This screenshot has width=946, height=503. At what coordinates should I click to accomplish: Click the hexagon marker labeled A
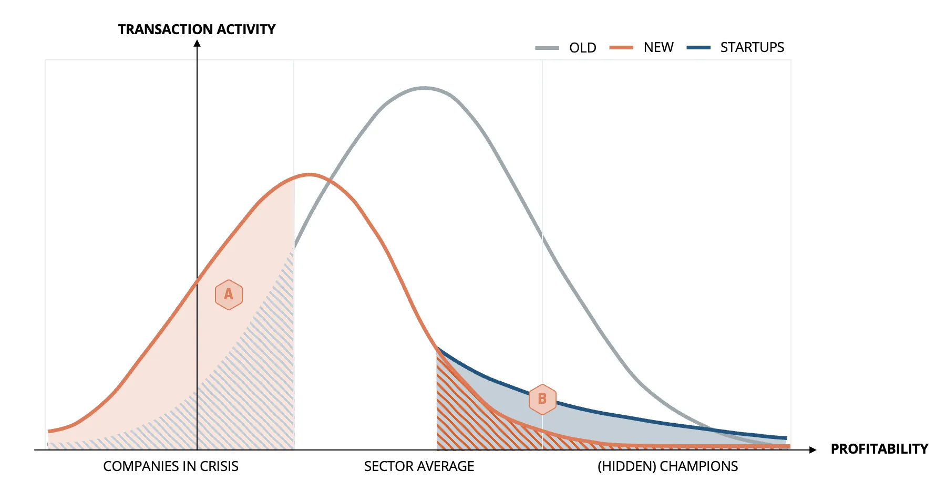coord(229,295)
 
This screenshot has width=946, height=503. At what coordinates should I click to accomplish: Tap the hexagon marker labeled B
coord(542,399)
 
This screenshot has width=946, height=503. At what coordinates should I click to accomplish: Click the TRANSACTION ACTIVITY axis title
coord(197,29)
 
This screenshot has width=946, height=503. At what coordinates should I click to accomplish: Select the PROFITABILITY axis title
coord(879,449)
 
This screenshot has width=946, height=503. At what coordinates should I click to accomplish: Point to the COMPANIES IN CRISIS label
coord(171,466)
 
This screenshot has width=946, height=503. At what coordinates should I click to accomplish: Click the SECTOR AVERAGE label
coord(419,466)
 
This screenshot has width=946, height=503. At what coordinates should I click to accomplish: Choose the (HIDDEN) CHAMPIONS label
coord(667,466)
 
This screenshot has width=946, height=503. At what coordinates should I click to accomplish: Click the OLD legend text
coord(582,48)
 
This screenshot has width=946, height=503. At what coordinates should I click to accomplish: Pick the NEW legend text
coord(659,48)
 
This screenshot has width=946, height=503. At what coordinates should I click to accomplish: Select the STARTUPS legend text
coord(752,48)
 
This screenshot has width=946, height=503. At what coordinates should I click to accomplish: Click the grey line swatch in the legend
coord(547,48)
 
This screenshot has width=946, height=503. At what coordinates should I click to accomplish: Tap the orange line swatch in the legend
coord(621,48)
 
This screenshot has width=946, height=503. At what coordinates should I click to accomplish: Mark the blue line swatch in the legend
coord(698,48)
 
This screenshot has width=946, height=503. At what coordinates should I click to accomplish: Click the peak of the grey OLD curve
coord(424,88)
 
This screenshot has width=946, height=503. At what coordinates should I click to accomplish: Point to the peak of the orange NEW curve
coord(310,174)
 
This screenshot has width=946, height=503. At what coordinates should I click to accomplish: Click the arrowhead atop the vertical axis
coord(197,44)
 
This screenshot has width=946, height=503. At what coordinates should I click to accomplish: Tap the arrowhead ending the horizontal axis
coord(813,450)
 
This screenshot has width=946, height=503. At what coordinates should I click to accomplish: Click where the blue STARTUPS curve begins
coord(437,348)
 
